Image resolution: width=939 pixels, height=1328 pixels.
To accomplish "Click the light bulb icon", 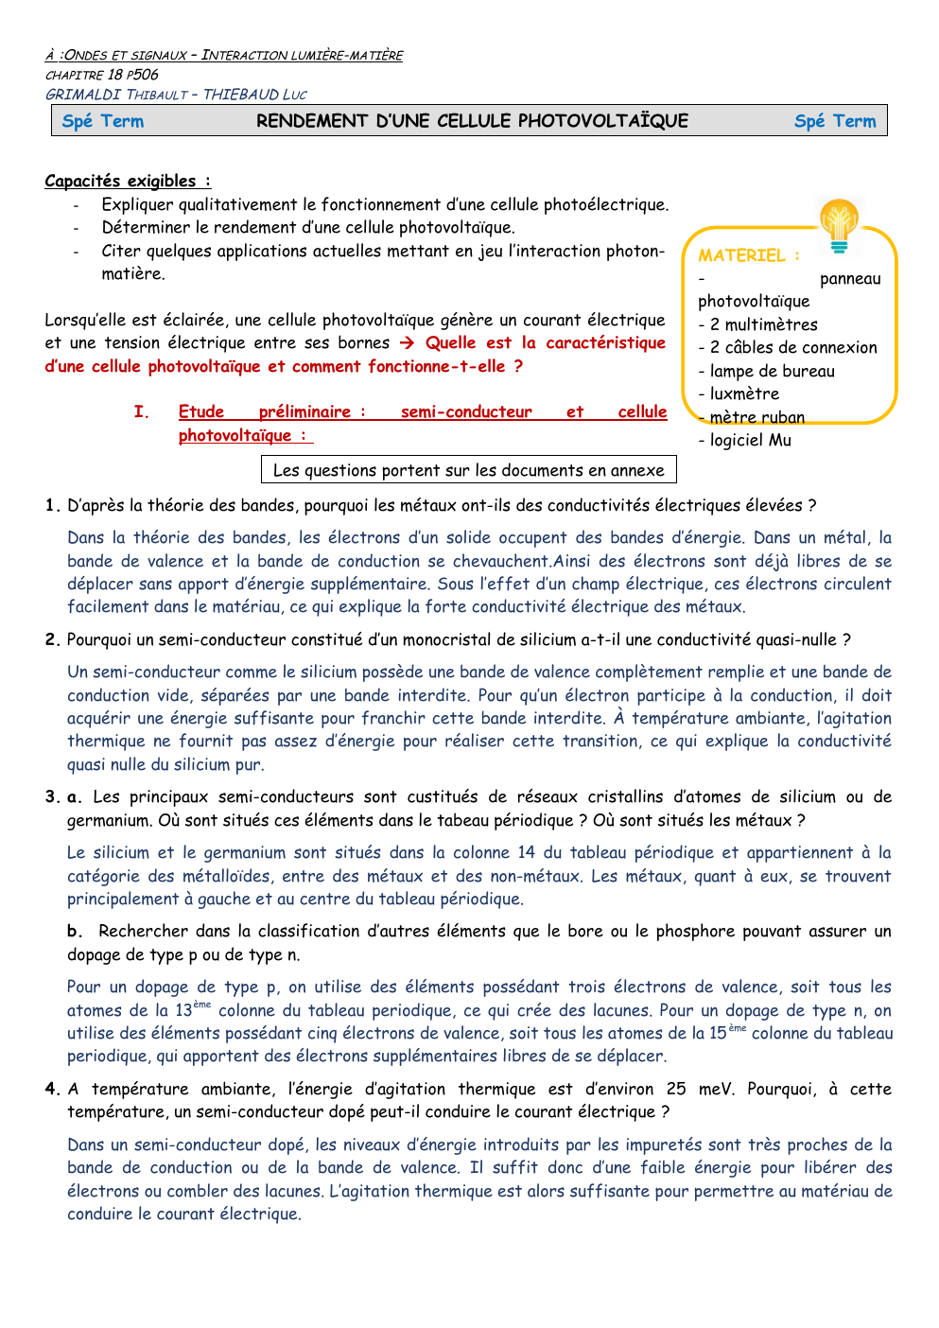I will click(x=839, y=226).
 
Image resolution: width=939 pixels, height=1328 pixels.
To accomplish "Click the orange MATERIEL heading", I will click(x=748, y=255).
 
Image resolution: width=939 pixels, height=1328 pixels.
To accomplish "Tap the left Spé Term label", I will click(x=103, y=121).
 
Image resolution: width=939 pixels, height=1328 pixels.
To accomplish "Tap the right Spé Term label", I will click(x=835, y=121).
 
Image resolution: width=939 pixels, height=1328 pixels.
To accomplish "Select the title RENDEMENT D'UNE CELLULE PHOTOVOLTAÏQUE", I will click(x=472, y=121).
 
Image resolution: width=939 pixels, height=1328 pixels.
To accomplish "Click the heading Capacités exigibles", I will click(x=127, y=181).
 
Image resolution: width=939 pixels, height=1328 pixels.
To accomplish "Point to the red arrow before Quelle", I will click(x=407, y=343).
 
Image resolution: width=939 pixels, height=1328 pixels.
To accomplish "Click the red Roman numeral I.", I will click(x=141, y=411).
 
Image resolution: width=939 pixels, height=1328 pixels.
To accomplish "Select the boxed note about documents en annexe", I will click(x=468, y=470).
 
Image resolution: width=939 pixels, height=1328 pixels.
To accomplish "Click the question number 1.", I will click(x=53, y=505).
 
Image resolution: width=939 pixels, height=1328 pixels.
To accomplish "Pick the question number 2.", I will click(x=53, y=639).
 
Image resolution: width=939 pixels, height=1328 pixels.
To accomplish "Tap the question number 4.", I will click(x=53, y=1089).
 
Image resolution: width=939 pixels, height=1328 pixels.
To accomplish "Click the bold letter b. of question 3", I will click(x=75, y=931).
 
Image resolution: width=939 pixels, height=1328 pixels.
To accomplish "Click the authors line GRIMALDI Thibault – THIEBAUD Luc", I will click(x=176, y=95).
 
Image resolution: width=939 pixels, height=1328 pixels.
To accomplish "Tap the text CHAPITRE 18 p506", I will click(x=102, y=75).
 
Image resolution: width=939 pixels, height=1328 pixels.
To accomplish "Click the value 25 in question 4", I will click(x=676, y=1089).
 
